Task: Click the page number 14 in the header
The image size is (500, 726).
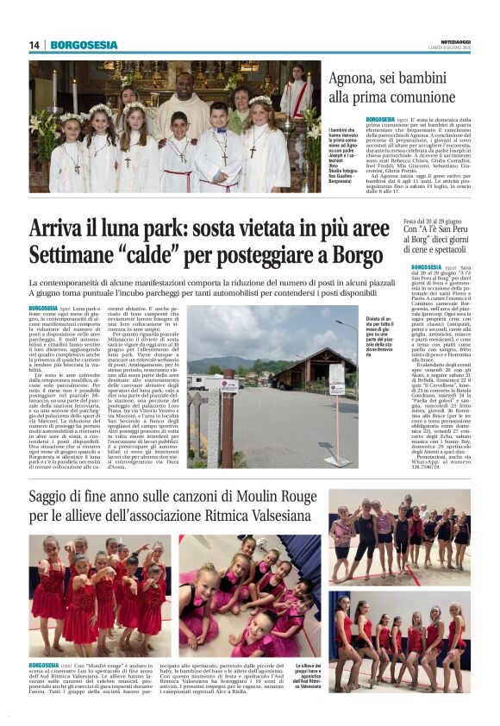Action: pyautogui.click(x=34, y=45)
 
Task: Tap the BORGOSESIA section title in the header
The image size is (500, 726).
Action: pyautogui.click(x=84, y=45)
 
